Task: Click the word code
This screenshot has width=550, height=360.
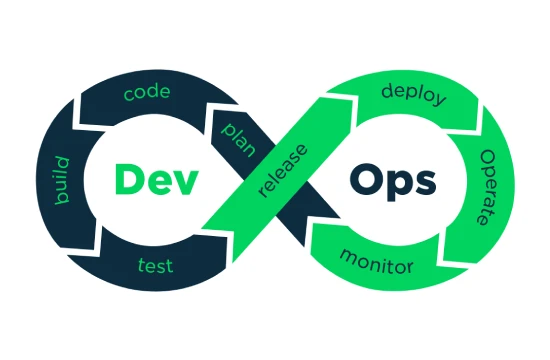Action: pyautogui.click(x=145, y=94)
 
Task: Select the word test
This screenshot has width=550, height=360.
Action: pyautogui.click(x=154, y=265)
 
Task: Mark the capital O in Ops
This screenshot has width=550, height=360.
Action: pyautogui.click(x=367, y=180)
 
